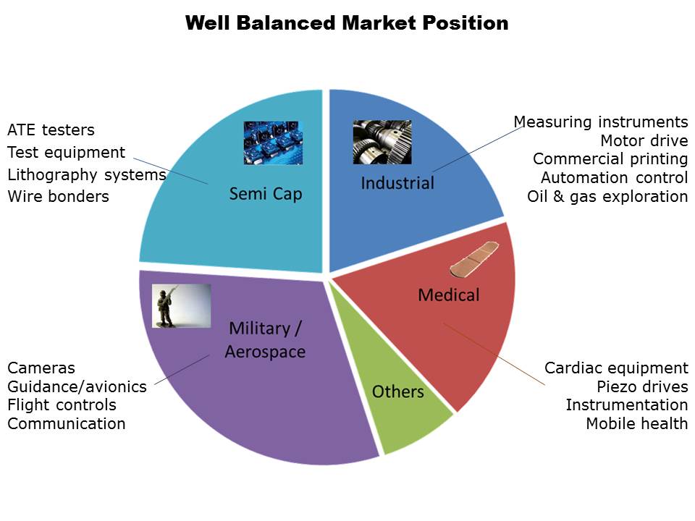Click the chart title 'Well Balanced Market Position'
pyautogui.click(x=347, y=23)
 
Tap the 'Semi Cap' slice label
pyautogui.click(x=266, y=194)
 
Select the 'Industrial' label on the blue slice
pyautogui.click(x=397, y=183)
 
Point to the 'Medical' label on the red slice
pyautogui.click(x=449, y=295)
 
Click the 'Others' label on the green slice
pyautogui.click(x=397, y=391)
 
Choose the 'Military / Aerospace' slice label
pyautogui.click(x=265, y=340)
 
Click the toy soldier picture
pyautogui.click(x=181, y=305)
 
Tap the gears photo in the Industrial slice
pyautogui.click(x=382, y=143)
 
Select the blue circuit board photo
pyautogui.click(x=273, y=143)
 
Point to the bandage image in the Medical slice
pyautogui.click(x=474, y=259)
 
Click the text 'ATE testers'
pyautogui.click(x=51, y=130)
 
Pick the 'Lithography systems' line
pyautogui.click(x=87, y=175)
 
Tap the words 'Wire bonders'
pyautogui.click(x=58, y=196)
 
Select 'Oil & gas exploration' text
pyautogui.click(x=607, y=196)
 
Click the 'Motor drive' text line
pyautogui.click(x=644, y=140)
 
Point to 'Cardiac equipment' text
pyautogui.click(x=616, y=368)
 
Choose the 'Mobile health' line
pyautogui.click(x=637, y=423)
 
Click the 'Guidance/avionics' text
pyautogui.click(x=77, y=386)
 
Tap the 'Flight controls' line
pyautogui.click(x=62, y=405)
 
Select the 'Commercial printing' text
pyautogui.click(x=610, y=159)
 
